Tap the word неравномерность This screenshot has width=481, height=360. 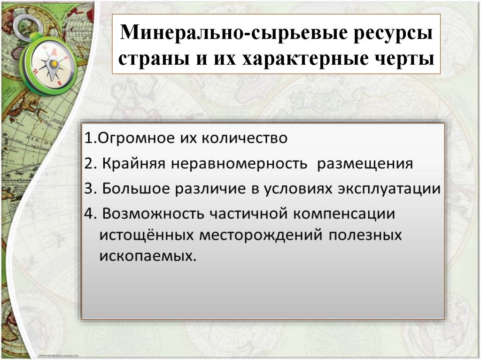pos(240,164)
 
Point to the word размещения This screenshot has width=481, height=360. pos(365,164)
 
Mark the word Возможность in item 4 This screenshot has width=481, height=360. pos(152,214)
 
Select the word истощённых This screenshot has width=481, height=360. pos(146,235)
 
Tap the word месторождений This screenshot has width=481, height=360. pos(261,235)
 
